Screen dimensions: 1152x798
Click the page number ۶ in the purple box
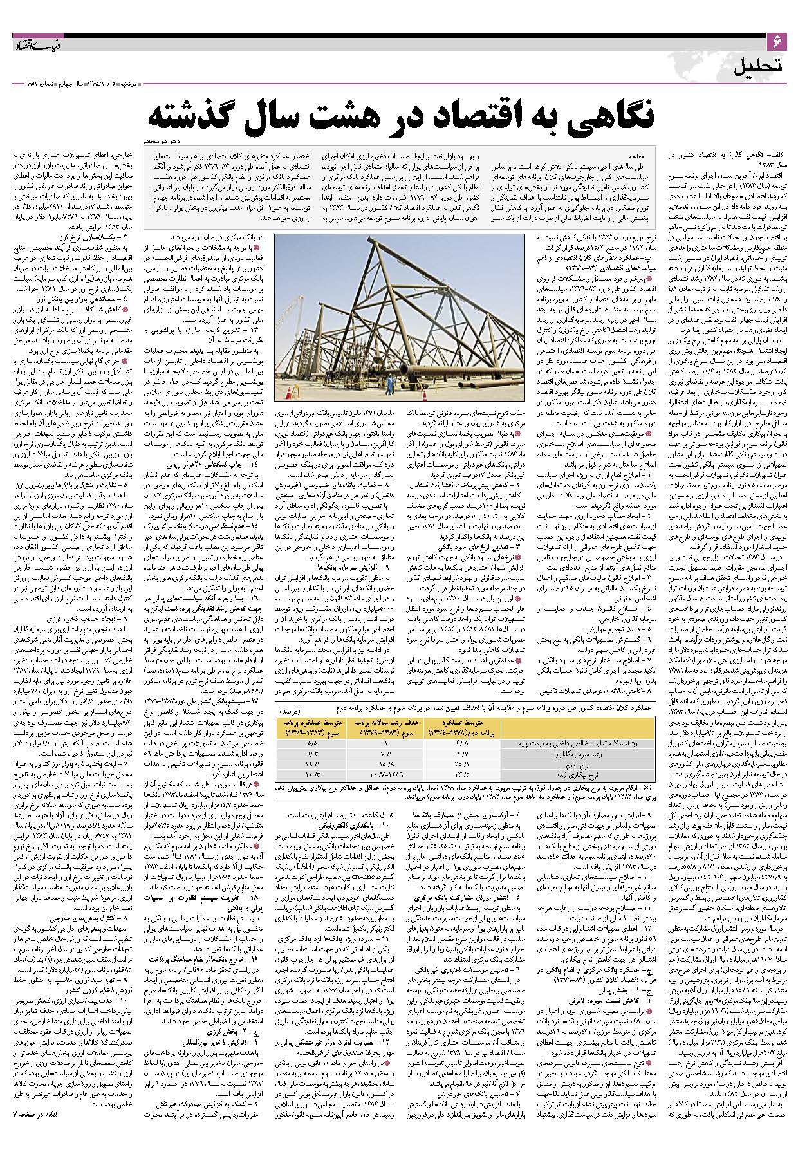coord(776,43)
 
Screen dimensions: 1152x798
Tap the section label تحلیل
coord(759,66)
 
